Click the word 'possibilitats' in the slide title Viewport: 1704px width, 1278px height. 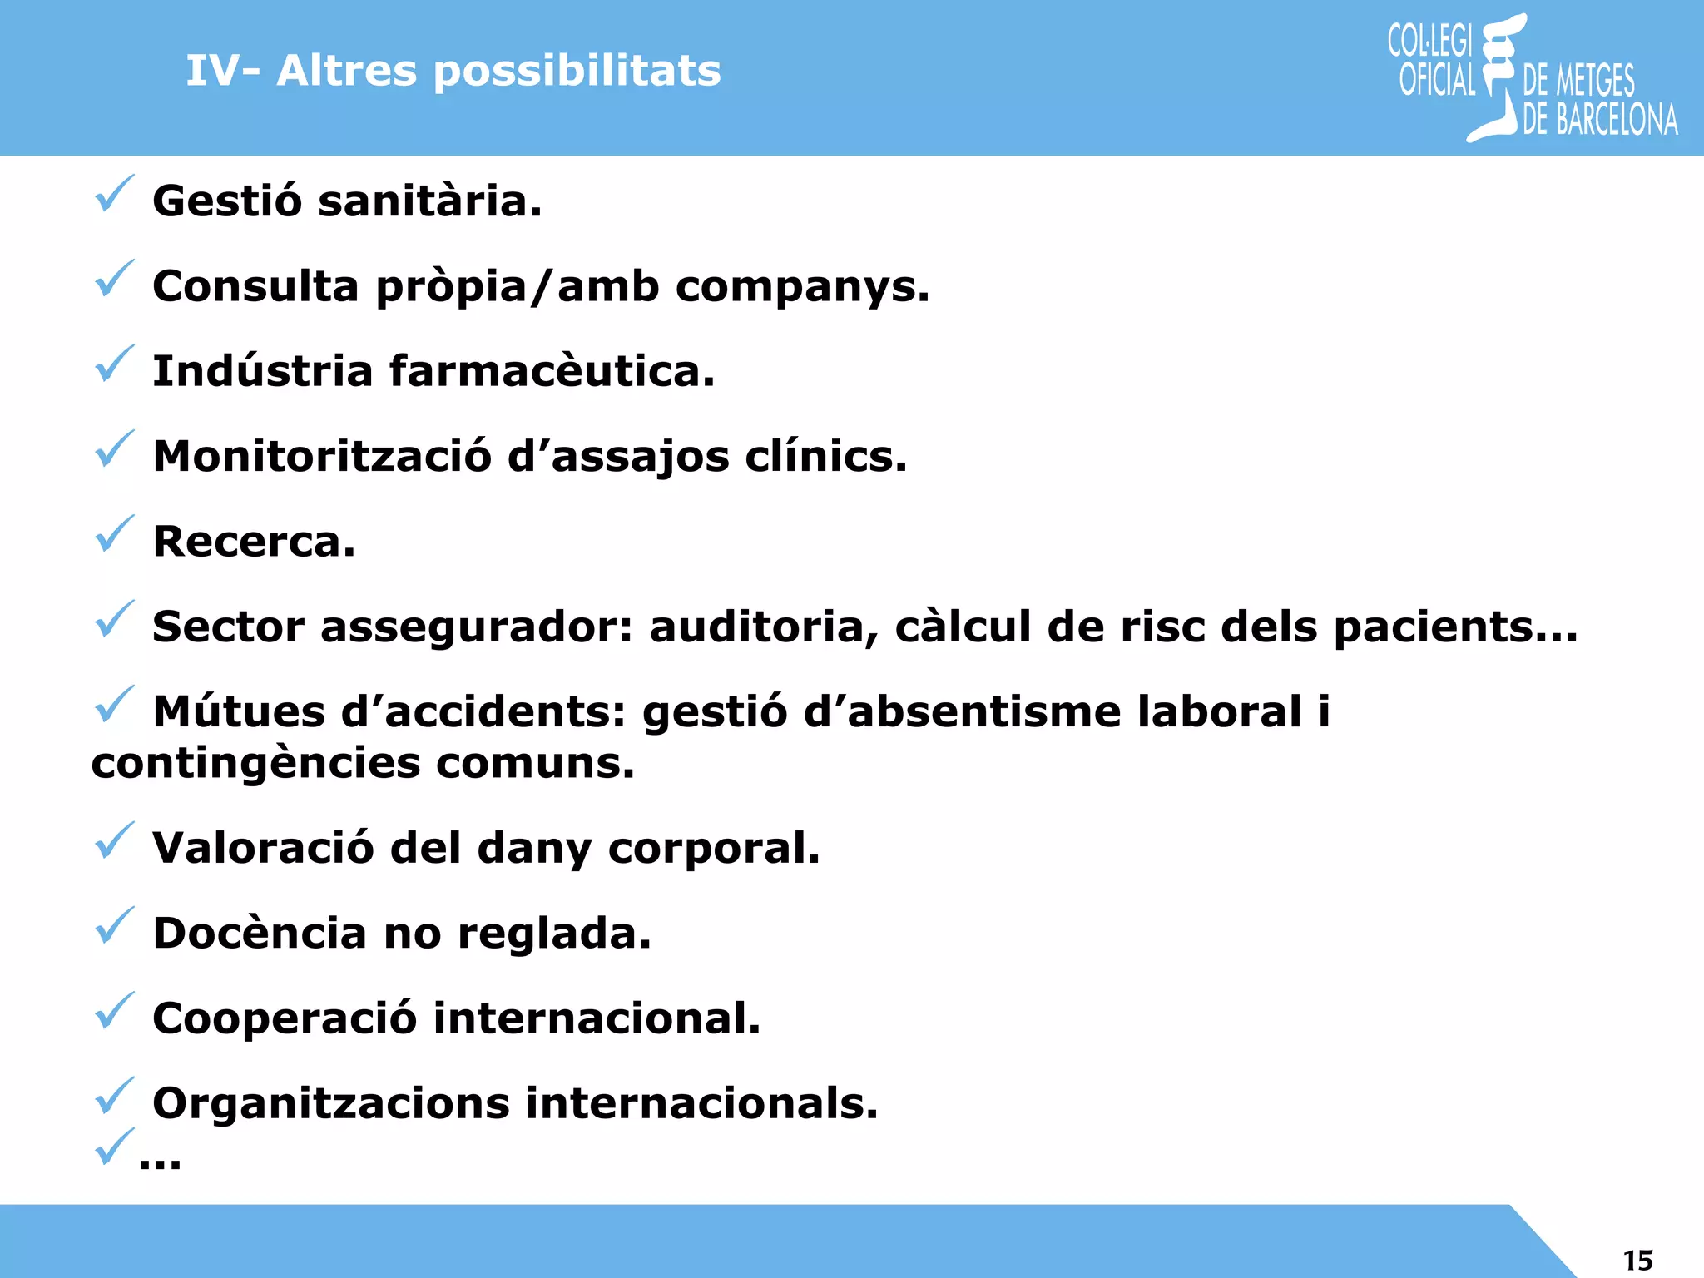[577, 72]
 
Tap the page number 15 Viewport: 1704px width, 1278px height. [1637, 1260]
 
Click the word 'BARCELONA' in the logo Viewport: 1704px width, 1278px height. [1617, 120]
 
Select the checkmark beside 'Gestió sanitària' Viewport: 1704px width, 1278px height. [113, 194]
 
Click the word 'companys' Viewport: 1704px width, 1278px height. [802, 287]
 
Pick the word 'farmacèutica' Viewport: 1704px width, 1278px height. [552, 371]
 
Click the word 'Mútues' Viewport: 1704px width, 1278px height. [239, 712]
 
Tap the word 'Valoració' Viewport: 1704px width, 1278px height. [263, 848]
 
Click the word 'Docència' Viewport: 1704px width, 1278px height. [260, 933]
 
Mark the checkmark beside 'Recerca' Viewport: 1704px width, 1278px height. [113, 534]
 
